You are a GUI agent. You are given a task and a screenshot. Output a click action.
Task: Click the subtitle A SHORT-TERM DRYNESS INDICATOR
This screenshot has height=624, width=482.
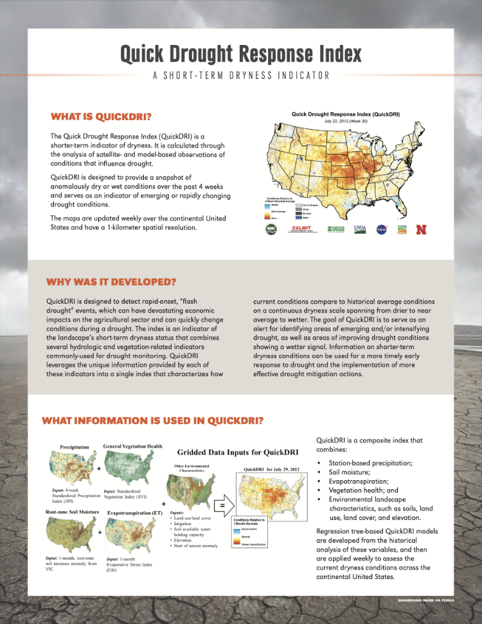[241, 75]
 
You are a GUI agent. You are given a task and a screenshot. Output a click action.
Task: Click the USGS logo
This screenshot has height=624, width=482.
[336, 229]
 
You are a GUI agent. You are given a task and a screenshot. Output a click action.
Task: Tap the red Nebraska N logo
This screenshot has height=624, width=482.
[422, 229]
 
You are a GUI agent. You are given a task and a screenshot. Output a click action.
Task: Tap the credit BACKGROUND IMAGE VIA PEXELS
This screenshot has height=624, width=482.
[426, 602]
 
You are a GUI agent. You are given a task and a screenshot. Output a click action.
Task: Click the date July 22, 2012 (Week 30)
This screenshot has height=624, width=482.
[345, 121]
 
